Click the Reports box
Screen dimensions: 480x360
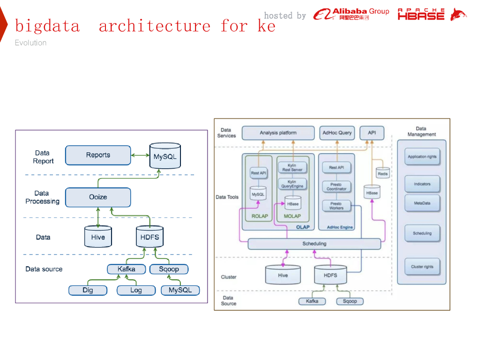(x=98, y=155)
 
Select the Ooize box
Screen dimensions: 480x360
(x=98, y=197)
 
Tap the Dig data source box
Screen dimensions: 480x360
(x=88, y=290)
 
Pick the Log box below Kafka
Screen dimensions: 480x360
(x=136, y=290)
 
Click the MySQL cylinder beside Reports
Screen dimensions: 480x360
(x=165, y=156)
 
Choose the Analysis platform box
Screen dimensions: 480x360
(x=278, y=133)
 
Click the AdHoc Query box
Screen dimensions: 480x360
(x=337, y=133)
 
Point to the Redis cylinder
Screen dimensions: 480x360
(x=382, y=173)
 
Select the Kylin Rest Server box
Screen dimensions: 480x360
(x=292, y=167)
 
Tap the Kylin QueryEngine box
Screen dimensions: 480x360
(x=292, y=184)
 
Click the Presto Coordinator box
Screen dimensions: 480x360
(x=337, y=187)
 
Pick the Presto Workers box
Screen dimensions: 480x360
(x=337, y=206)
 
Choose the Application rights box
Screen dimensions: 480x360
(x=422, y=157)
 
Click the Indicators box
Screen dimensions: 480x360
(x=422, y=184)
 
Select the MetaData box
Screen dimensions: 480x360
(x=422, y=203)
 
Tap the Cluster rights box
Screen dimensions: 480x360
(x=422, y=267)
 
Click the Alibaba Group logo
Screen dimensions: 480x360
(x=351, y=14)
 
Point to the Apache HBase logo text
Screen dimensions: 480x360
(x=421, y=14)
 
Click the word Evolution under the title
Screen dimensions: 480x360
(x=30, y=43)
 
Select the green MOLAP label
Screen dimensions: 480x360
(x=292, y=216)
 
